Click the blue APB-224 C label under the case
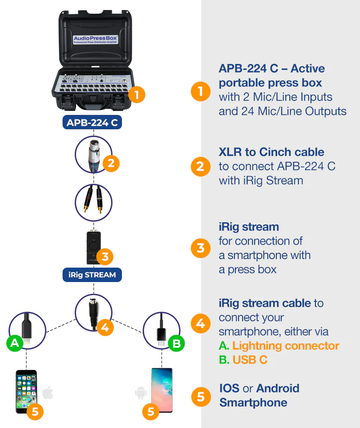click(92, 122)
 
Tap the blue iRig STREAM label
click(92, 274)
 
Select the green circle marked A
click(15, 343)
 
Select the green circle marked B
click(176, 344)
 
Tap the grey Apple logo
click(48, 393)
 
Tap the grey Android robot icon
click(140, 393)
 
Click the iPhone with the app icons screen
click(26, 392)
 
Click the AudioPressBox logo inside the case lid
click(95, 39)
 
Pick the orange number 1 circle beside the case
click(137, 95)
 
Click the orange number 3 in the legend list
click(200, 248)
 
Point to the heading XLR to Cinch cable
click(271, 152)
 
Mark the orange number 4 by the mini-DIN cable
click(105, 327)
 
